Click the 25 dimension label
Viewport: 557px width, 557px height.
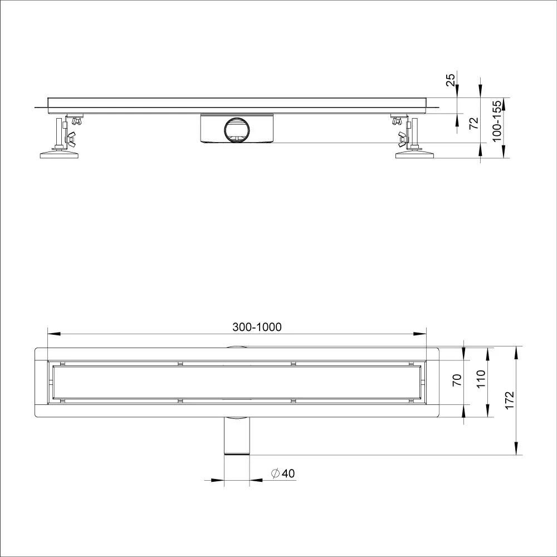pos(450,80)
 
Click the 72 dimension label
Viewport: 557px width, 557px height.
pos(474,123)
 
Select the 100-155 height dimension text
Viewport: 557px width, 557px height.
pos(497,121)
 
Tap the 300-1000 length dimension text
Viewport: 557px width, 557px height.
pos(257,327)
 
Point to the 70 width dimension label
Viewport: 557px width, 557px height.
pos(457,380)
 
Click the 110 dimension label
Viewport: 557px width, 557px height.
pos(481,379)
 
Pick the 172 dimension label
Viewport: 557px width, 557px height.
pos(510,400)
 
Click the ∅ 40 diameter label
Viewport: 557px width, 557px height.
pos(283,473)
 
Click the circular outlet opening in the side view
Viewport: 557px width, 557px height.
pos(237,129)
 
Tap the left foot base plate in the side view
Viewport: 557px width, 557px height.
pos(59,154)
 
